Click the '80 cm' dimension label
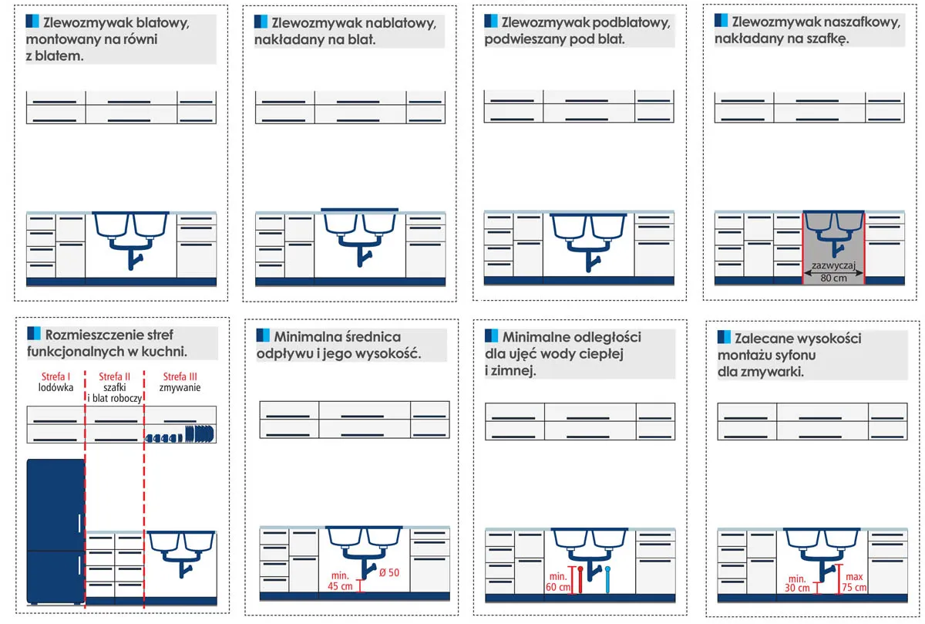tap(833, 278)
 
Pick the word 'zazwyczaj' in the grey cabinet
tap(833, 265)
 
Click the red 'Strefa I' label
tap(55, 376)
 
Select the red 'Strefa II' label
tap(114, 376)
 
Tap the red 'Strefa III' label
tap(180, 376)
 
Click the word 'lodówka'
tap(55, 388)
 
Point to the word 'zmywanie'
tap(180, 388)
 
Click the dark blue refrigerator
tap(55, 531)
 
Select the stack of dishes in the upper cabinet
tap(180, 435)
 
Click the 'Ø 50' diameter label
tap(389, 573)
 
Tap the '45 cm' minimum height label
tap(340, 586)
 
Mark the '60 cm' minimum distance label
tap(558, 587)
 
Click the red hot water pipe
tap(580, 580)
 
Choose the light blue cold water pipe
tap(607, 580)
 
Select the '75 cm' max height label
tap(854, 587)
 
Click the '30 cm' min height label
tap(797, 588)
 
